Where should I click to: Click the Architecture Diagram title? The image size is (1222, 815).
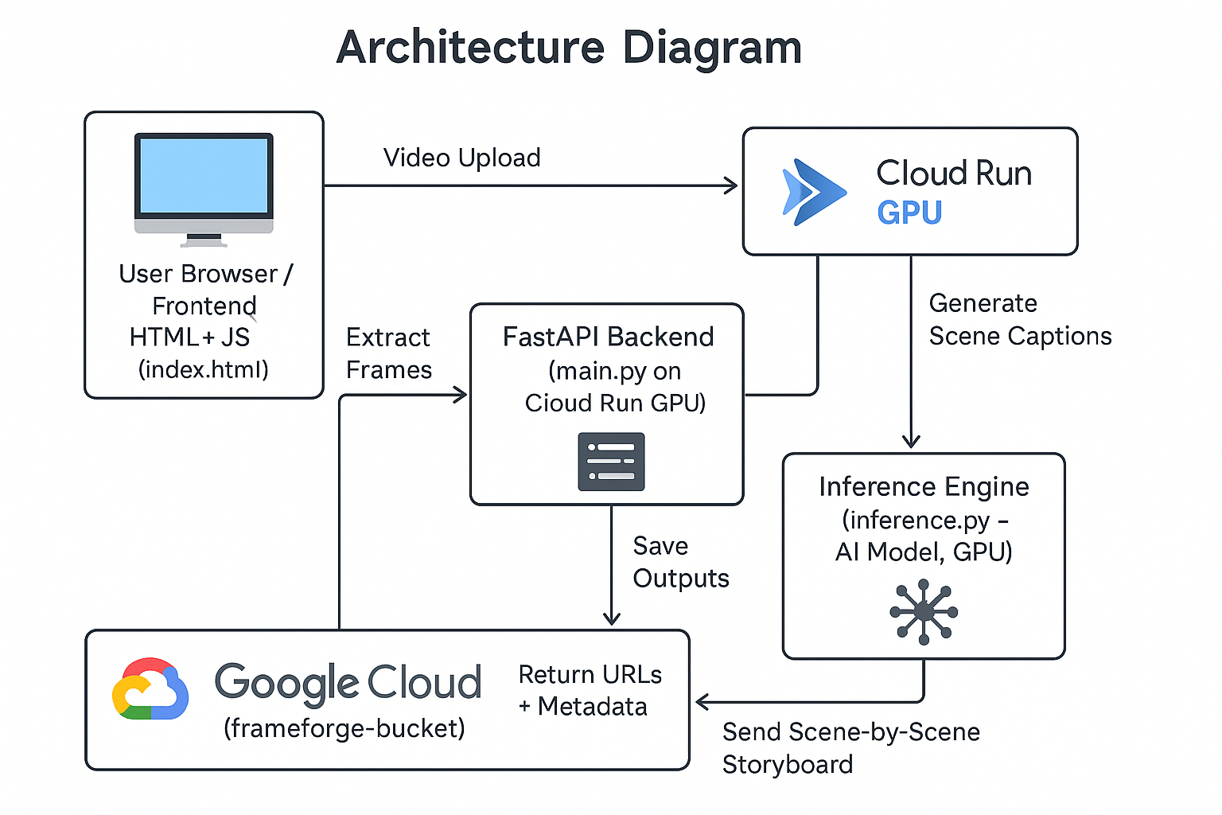click(569, 48)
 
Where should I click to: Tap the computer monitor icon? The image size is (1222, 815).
click(204, 188)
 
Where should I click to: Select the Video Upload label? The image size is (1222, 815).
click(461, 158)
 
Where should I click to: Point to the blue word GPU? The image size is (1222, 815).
click(909, 213)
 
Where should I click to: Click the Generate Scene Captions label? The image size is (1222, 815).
click(1019, 320)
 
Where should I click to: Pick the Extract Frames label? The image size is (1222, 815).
click(388, 353)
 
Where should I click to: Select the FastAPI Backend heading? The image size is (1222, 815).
click(608, 337)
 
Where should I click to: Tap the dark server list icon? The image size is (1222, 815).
click(611, 462)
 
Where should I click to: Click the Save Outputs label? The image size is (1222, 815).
click(680, 562)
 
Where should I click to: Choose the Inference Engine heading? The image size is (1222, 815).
click(924, 486)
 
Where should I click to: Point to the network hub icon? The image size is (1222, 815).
click(924, 611)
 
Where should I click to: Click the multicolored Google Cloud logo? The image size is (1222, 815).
click(150, 689)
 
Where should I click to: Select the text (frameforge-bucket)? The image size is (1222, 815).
click(344, 728)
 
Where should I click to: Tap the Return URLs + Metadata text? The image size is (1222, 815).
click(590, 690)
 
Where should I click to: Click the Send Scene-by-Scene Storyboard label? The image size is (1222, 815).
click(850, 747)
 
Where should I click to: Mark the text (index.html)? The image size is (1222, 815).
click(203, 369)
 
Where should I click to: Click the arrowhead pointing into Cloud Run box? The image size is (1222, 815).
click(731, 186)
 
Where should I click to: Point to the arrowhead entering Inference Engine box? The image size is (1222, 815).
click(911, 442)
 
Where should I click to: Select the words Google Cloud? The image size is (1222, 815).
click(348, 683)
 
